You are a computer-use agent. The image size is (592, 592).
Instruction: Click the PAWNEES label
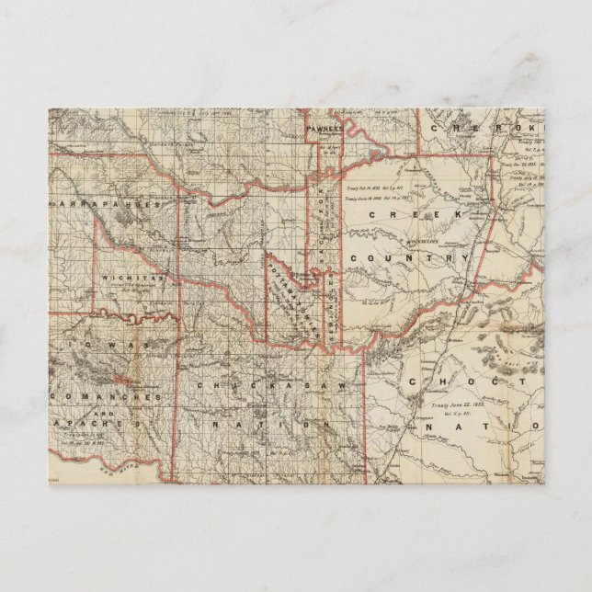[324, 130]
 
